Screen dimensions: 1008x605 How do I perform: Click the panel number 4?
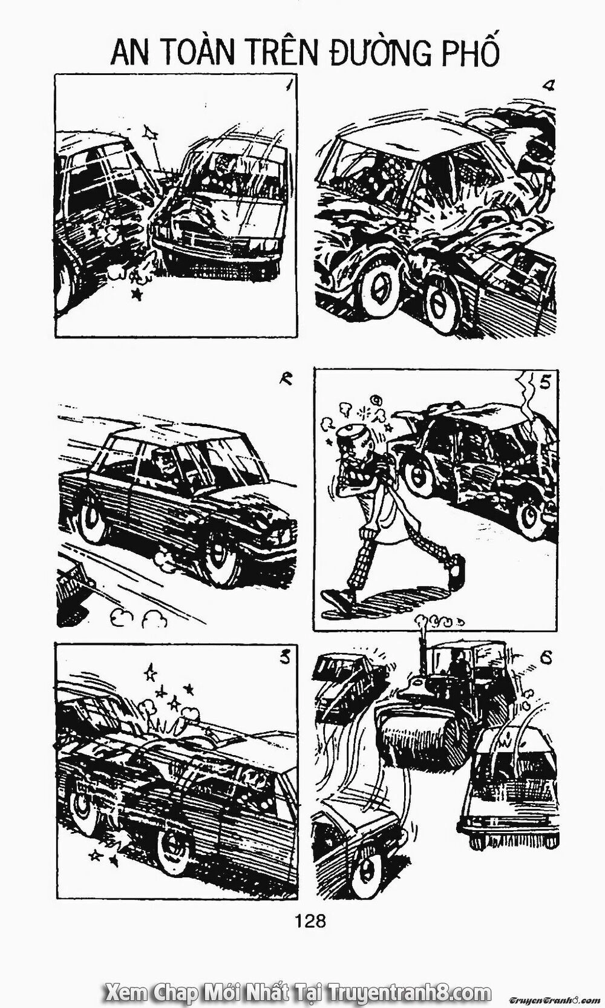pyautogui.click(x=549, y=85)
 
